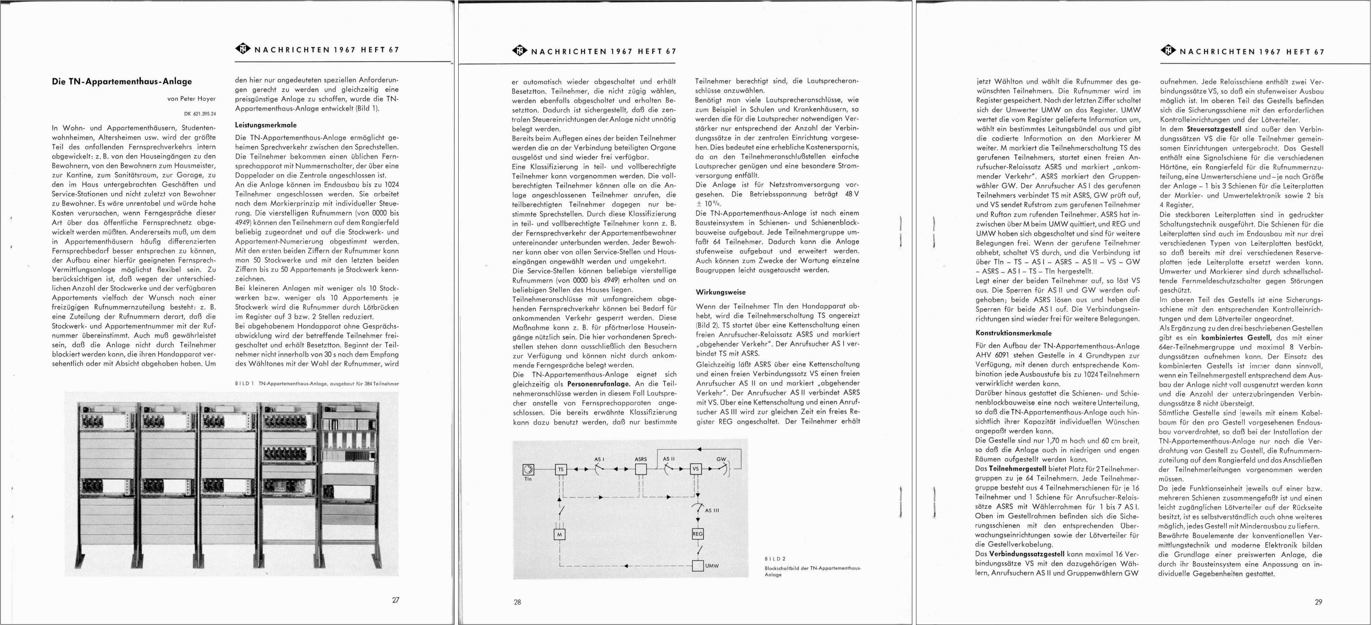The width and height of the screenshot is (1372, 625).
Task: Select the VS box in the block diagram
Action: (696, 468)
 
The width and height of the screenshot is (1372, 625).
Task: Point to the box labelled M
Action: (559, 534)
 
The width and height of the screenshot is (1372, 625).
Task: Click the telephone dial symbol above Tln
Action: (528, 469)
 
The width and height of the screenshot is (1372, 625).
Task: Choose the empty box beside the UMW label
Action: (698, 565)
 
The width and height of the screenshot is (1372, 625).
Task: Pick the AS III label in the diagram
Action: (712, 510)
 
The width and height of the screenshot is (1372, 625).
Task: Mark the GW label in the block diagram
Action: (721, 458)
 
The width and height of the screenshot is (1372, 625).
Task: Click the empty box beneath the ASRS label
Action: (641, 469)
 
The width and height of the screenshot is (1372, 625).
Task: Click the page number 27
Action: (396, 600)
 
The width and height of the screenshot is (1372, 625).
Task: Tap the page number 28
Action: (517, 602)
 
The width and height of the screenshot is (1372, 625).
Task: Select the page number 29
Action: (1318, 602)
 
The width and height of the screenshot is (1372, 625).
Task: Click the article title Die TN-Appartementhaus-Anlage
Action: (122, 82)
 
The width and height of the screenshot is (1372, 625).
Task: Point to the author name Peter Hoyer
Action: (198, 99)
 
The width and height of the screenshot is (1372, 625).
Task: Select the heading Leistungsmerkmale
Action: (266, 125)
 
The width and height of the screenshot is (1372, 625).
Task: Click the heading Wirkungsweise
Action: (720, 292)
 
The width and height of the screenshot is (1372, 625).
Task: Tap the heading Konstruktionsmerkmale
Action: (1014, 333)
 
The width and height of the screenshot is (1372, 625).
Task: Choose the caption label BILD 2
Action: (775, 559)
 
